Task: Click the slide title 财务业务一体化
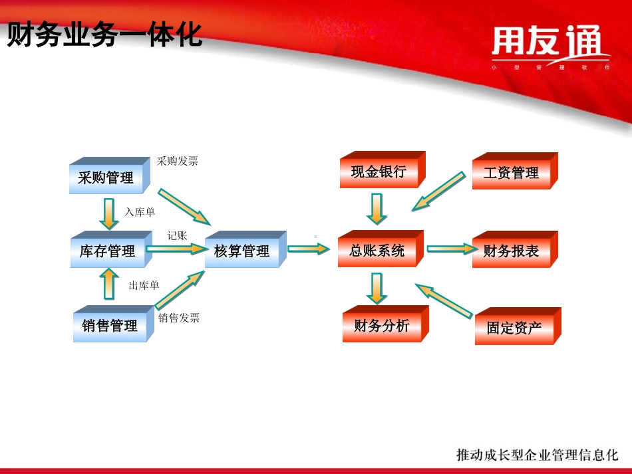tap(104, 35)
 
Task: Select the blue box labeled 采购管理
tap(106, 178)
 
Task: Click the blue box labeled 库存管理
tap(107, 251)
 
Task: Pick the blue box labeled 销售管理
tap(110, 326)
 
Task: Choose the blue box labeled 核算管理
tap(242, 251)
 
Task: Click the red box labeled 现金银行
tap(379, 172)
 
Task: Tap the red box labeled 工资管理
tap(512, 173)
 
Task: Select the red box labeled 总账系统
tap(377, 251)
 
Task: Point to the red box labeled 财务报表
tap(512, 251)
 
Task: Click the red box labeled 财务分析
tap(382, 326)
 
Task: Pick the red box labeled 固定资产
tap(514, 328)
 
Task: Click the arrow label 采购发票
tap(177, 161)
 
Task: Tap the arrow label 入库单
tap(140, 212)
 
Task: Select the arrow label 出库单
tap(144, 285)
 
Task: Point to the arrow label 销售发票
tap(179, 318)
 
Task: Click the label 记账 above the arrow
tap(178, 235)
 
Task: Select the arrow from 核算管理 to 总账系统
tap(309, 249)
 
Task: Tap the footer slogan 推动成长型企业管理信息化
tap(537, 455)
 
